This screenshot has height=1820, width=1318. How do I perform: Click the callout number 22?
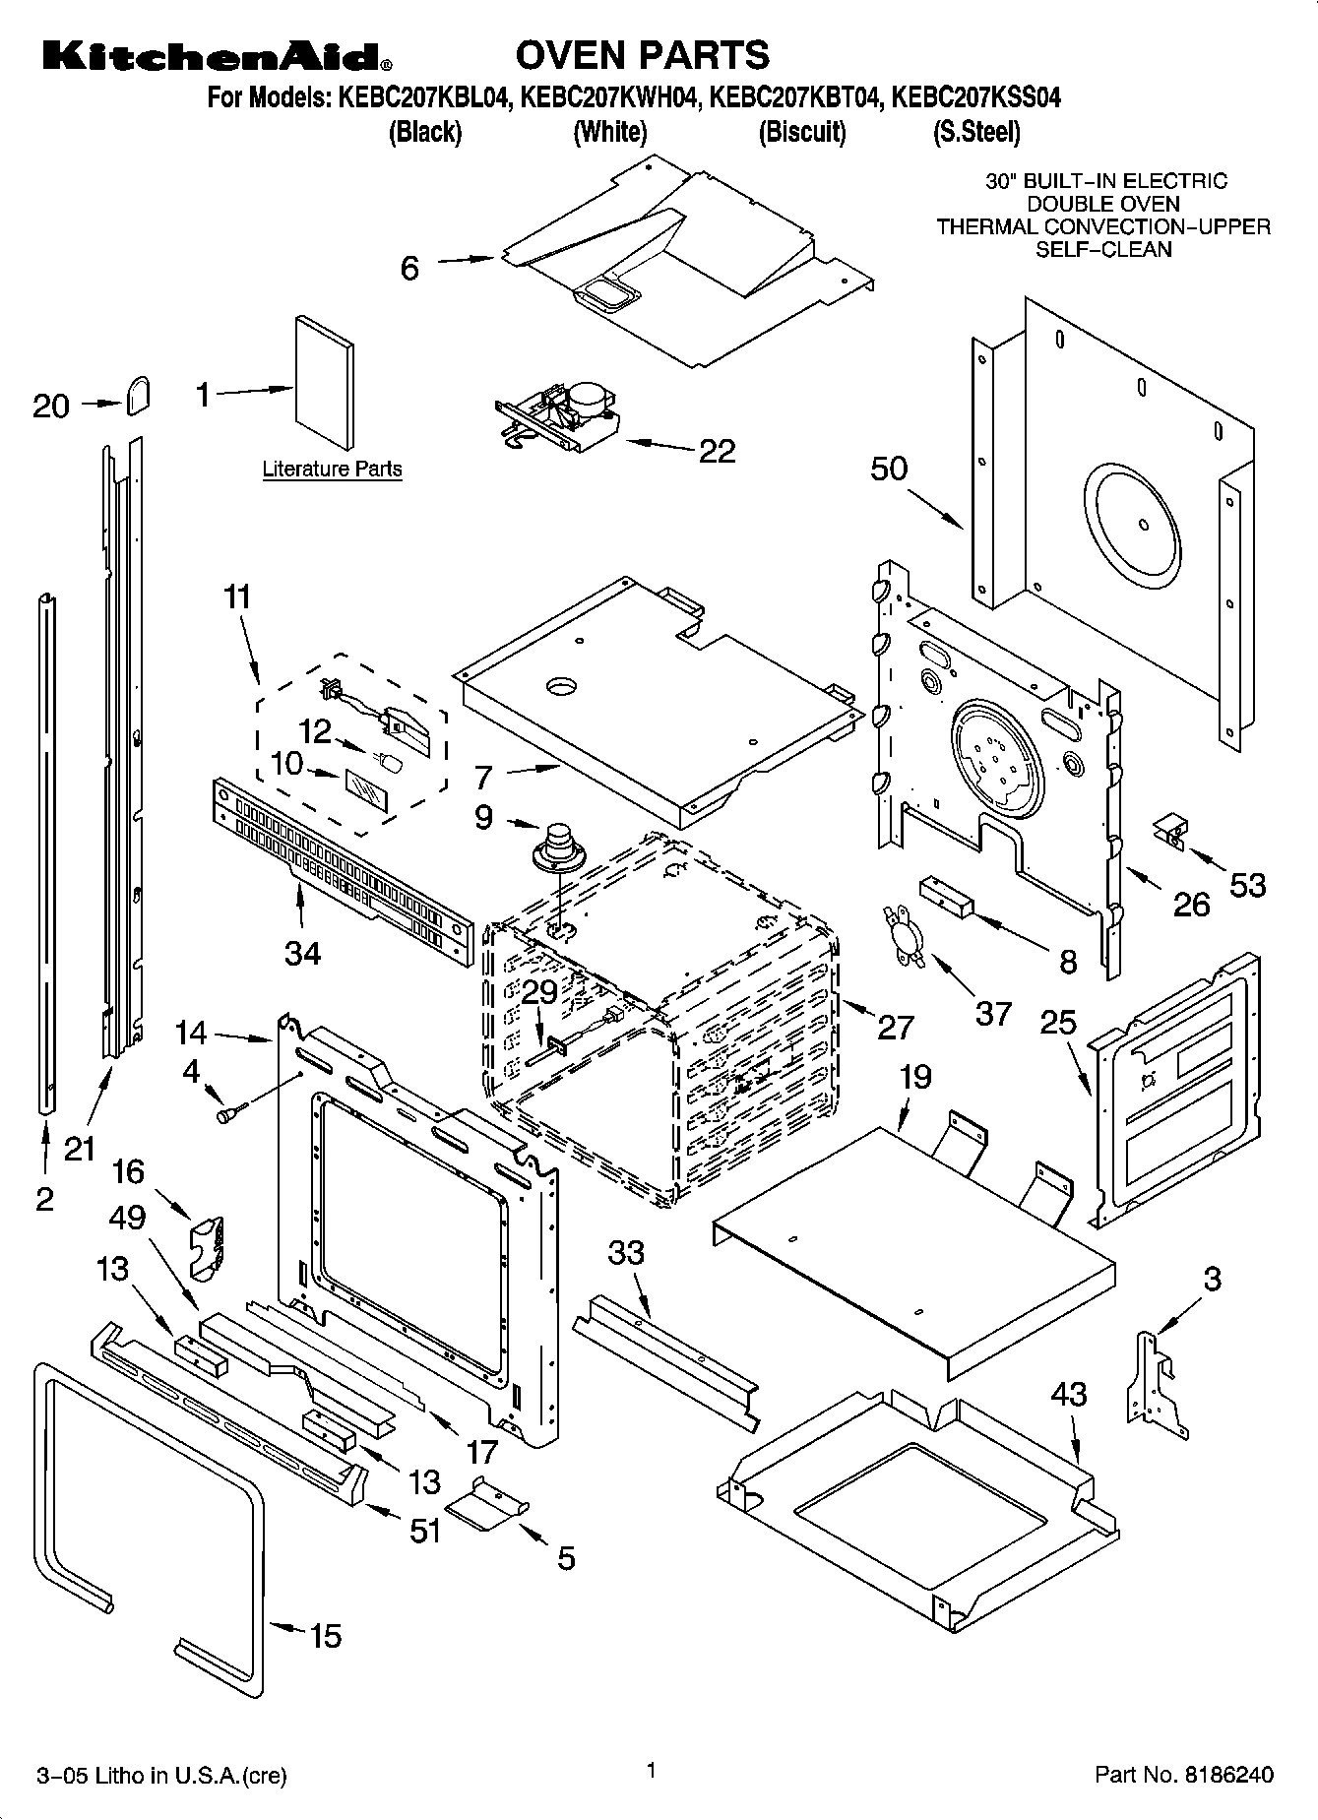717,451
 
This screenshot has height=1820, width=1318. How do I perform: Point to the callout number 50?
888,469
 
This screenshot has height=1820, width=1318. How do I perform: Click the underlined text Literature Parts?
332,470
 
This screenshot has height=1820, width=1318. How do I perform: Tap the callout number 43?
1069,1394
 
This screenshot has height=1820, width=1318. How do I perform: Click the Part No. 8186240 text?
1184,1775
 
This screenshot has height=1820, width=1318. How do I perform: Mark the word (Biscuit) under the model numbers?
801,132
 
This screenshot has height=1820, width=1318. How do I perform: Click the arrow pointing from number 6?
465,260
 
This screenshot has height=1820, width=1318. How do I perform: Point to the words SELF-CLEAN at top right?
1102,249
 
